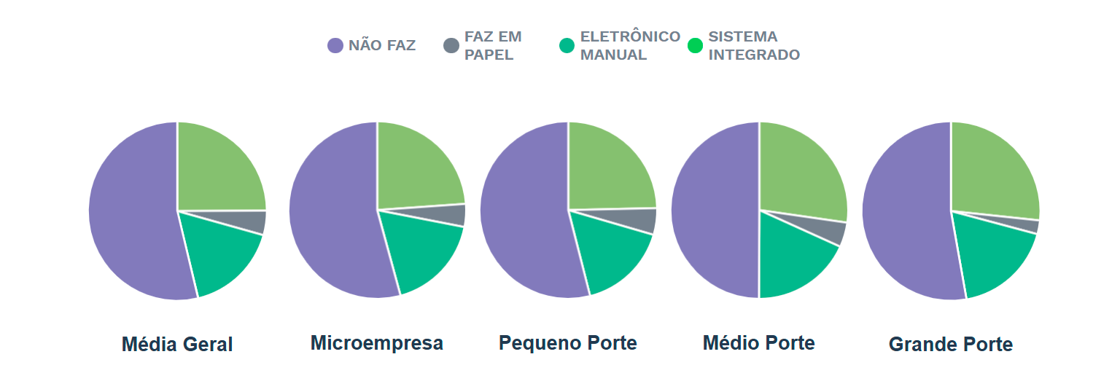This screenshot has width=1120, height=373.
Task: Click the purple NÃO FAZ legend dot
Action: [335, 45]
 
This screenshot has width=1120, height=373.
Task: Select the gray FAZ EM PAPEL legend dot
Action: [451, 45]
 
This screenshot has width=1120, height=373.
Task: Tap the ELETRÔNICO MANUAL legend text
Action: [630, 45]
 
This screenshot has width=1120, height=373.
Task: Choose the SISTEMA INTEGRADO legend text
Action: [754, 45]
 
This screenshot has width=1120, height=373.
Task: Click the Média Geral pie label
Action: [177, 345]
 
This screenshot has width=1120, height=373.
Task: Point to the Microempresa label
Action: [377, 342]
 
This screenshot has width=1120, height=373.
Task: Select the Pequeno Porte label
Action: [568, 342]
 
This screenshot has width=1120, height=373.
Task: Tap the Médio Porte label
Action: [759, 342]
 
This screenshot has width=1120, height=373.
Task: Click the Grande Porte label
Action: [951, 345]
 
